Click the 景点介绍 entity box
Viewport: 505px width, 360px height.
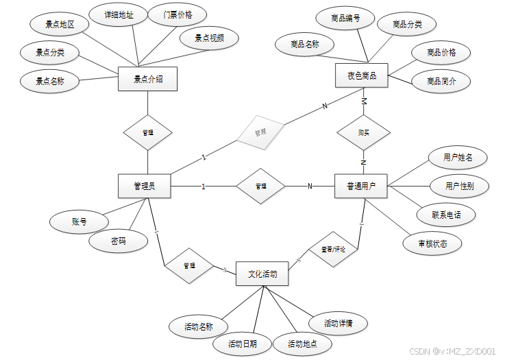pyautogui.click(x=148, y=78)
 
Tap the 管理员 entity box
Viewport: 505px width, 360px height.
pyautogui.click(x=144, y=186)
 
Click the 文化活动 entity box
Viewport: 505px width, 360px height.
pyautogui.click(x=262, y=274)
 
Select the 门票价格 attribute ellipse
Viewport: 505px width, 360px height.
pyautogui.click(x=169, y=14)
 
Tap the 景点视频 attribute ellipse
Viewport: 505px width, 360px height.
pyautogui.click(x=209, y=38)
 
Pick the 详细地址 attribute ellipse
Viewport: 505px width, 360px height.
pyautogui.click(x=119, y=14)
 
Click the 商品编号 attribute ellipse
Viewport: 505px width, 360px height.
pyautogui.click(x=341, y=17)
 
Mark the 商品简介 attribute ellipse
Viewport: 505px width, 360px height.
pyautogui.click(x=441, y=81)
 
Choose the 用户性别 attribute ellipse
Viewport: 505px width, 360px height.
pyautogui.click(x=458, y=186)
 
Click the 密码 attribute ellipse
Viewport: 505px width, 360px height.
pyautogui.click(x=119, y=241)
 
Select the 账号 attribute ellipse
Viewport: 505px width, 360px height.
pyautogui.click(x=79, y=221)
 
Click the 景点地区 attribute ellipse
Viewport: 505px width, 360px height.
pyautogui.click(x=60, y=24)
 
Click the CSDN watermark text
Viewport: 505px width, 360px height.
pyautogui.click(x=451, y=351)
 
